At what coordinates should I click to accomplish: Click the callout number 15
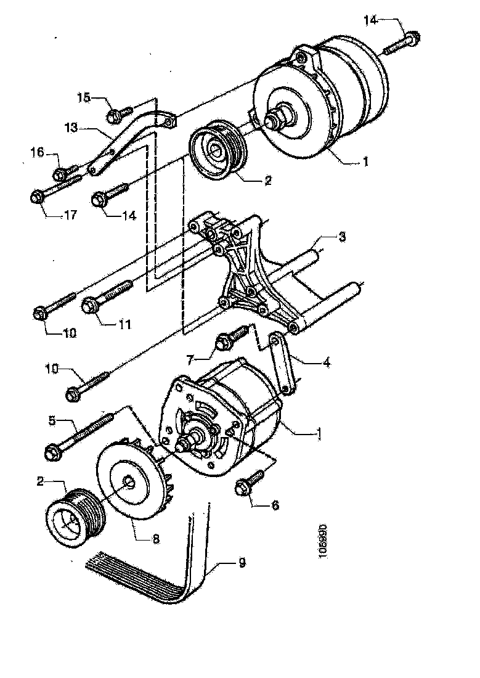coord(84,97)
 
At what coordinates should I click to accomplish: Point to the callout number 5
coord(53,422)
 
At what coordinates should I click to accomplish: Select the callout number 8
coord(156,538)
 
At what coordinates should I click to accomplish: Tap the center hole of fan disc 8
coord(129,482)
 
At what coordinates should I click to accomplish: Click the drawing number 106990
coord(324,542)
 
